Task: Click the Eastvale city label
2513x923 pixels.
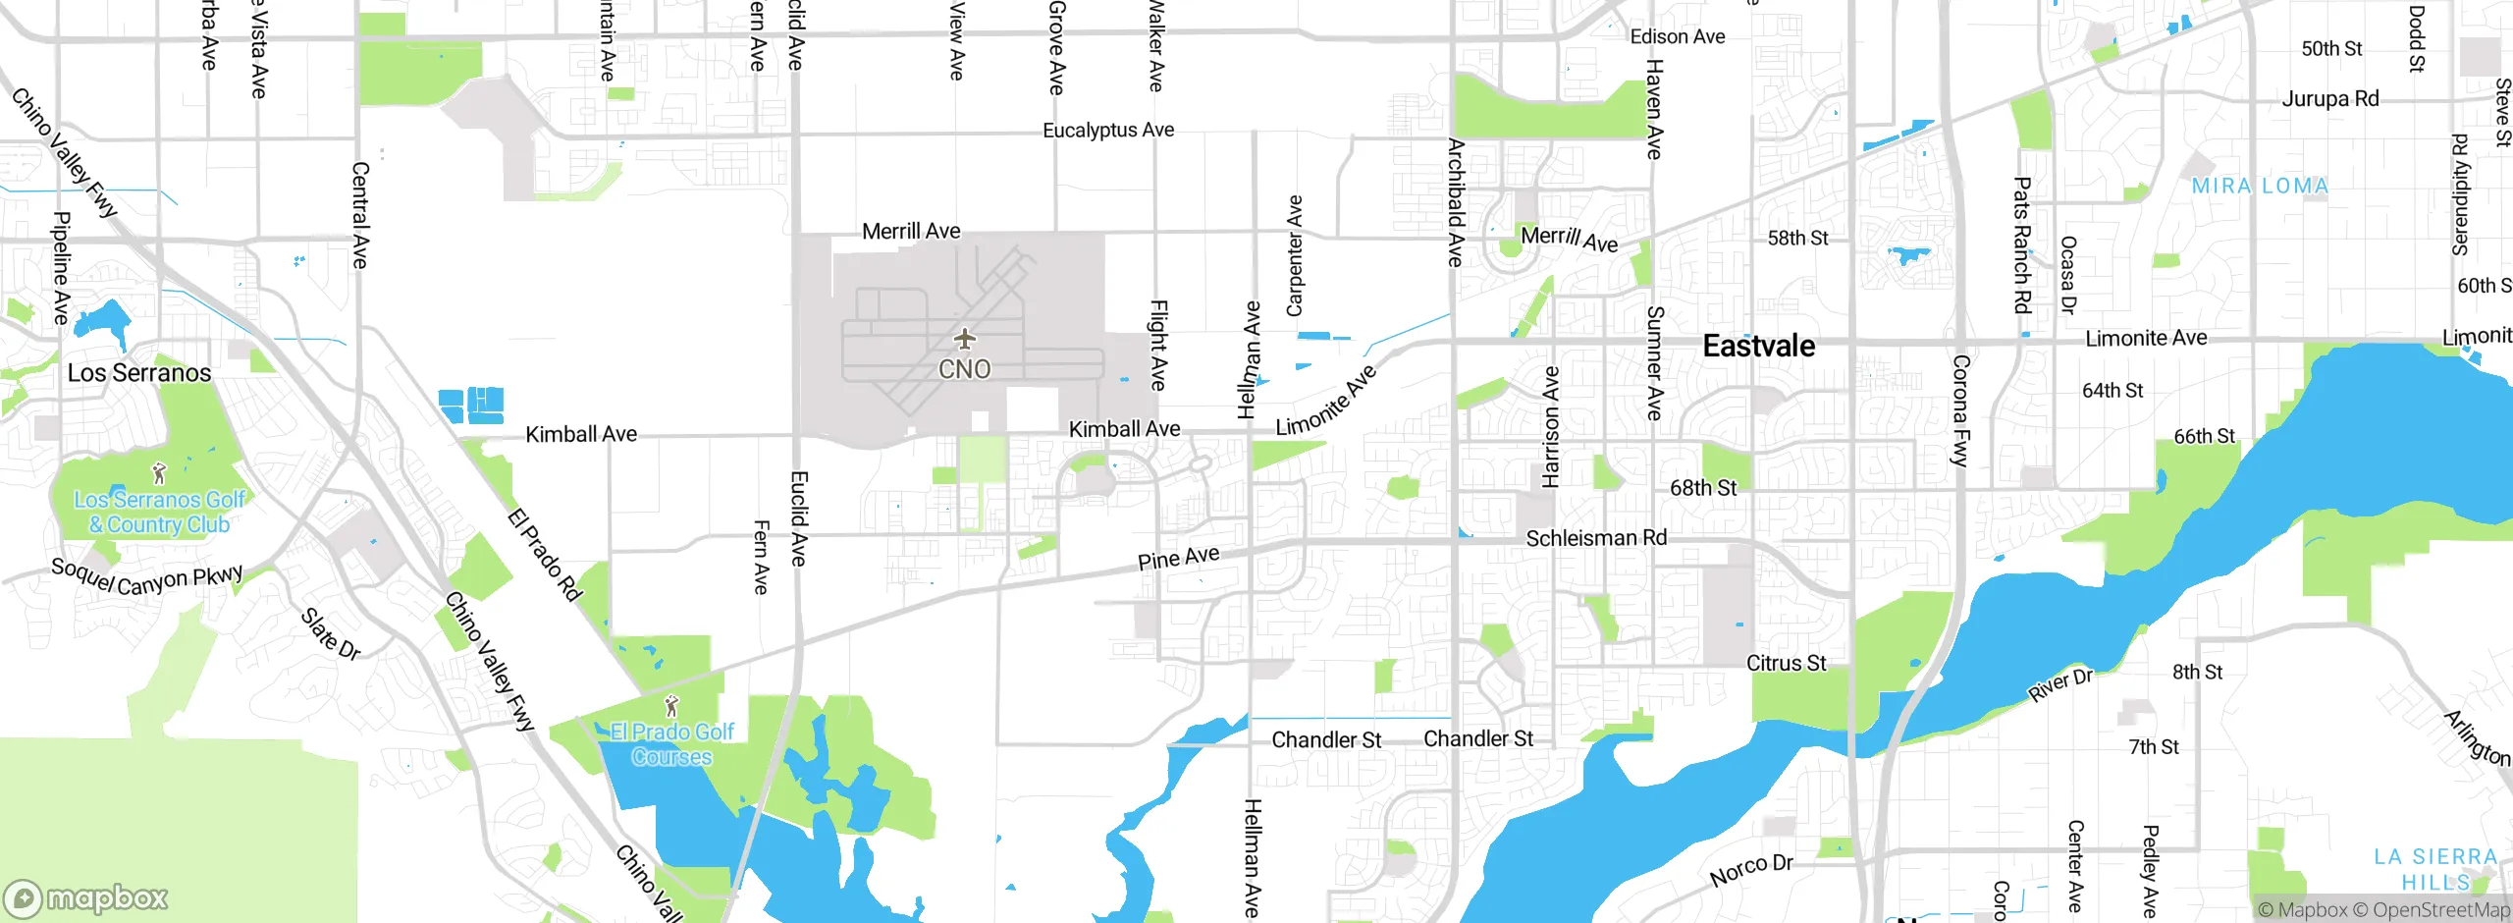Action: click(1758, 346)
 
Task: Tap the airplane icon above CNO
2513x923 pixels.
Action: click(965, 340)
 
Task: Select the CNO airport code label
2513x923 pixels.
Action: click(965, 369)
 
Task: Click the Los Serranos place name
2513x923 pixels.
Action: click(139, 373)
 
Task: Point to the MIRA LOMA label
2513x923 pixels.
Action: click(2260, 186)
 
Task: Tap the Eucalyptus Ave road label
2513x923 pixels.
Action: click(1107, 130)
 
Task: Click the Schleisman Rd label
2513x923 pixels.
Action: click(1595, 538)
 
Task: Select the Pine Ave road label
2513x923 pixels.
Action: click(1178, 558)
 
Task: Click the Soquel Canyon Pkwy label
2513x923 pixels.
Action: click(147, 578)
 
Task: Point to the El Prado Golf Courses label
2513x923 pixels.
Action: click(672, 744)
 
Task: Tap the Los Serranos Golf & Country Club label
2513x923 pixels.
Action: click(160, 513)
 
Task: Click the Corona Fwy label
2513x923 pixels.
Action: click(1960, 410)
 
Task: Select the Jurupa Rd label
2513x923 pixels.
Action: click(2329, 98)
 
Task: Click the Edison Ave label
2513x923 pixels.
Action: click(1677, 36)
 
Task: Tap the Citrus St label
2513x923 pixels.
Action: click(1786, 663)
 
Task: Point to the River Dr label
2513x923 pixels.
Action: click(2060, 684)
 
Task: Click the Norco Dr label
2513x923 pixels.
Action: click(1751, 869)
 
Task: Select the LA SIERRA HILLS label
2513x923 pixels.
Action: click(2434, 869)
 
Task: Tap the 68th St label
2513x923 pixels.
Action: click(1702, 488)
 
